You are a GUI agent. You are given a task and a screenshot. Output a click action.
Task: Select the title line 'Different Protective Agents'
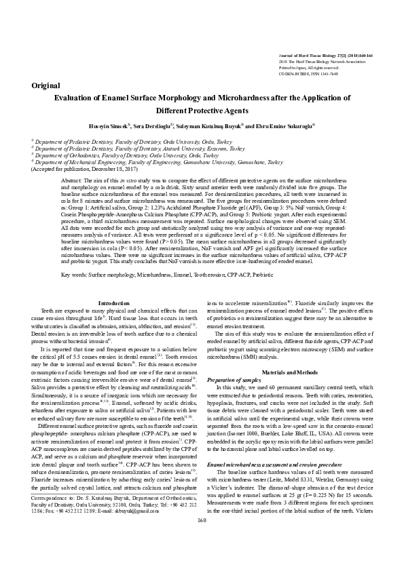[x=202, y=111]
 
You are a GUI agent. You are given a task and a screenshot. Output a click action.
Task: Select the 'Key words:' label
[x=74, y=275]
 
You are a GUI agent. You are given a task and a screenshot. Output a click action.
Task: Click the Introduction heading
[x=114, y=303]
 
